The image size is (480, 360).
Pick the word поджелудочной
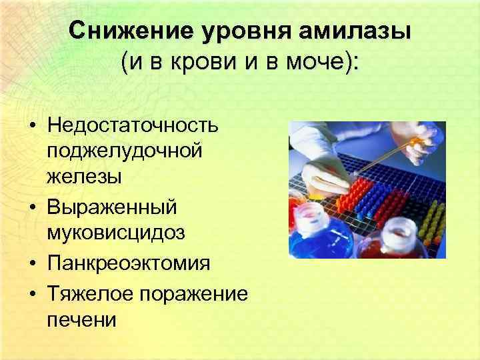[125, 152]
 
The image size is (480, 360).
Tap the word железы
[85, 177]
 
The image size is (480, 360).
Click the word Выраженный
[113, 207]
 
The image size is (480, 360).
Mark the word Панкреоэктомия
[129, 262]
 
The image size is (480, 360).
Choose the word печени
[82, 319]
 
